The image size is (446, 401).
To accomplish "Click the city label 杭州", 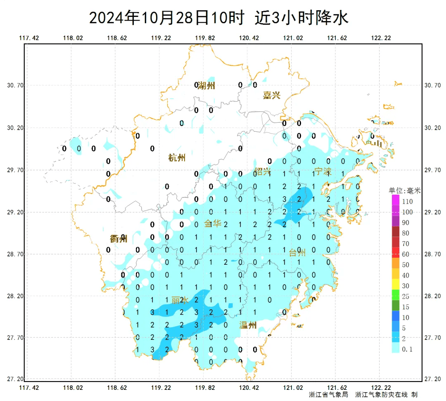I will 177,157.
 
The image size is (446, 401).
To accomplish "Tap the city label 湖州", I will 206,86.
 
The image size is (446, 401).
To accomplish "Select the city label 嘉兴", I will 272,95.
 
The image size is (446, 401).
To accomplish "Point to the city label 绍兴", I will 263,171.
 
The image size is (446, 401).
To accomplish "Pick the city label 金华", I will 213,224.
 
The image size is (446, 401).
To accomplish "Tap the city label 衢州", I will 119,239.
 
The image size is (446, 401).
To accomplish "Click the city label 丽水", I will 180,300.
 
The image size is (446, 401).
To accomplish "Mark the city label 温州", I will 248,325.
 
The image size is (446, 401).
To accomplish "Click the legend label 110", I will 407,202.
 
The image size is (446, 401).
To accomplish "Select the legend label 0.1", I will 407,350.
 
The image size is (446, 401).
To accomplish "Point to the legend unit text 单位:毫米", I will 405,191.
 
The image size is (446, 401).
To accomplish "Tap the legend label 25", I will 406,297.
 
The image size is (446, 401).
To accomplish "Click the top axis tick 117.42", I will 29,38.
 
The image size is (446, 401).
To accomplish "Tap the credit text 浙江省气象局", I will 329,395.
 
